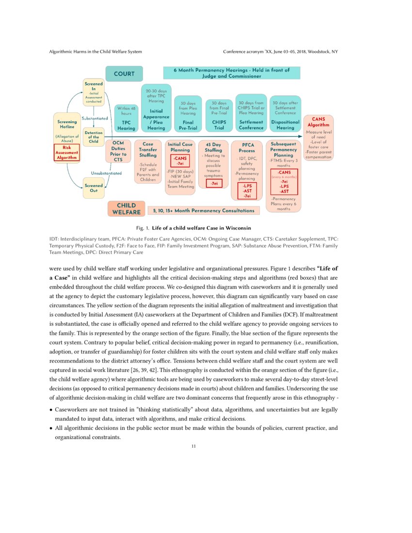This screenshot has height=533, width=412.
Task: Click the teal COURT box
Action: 124,74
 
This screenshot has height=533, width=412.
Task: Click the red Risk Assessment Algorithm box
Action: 67,152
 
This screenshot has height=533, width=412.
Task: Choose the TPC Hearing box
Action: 126,119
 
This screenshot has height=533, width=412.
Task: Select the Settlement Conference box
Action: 251,114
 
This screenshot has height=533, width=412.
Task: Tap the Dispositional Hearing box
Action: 285,114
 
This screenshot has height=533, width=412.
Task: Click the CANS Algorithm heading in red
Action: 318,122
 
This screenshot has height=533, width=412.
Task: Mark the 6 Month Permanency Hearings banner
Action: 231,73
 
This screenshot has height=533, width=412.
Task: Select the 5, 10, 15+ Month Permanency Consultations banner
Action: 204,211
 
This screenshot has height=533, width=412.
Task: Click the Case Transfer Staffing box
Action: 148,162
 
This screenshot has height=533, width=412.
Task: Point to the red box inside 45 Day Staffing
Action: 213,184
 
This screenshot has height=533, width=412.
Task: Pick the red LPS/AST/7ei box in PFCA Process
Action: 247,191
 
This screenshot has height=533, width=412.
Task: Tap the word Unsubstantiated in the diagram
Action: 106,173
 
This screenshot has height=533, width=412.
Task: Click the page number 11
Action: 193,446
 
